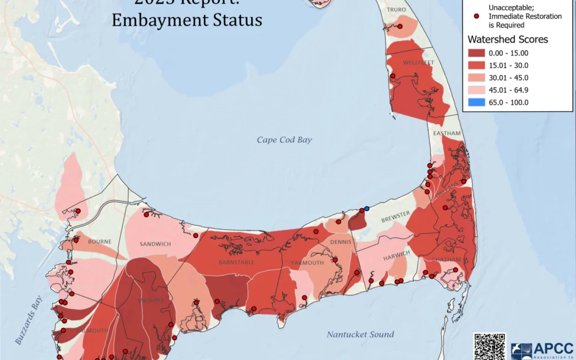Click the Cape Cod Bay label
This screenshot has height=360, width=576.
[284, 140]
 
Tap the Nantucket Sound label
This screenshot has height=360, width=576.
[361, 334]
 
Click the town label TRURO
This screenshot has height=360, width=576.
[396, 10]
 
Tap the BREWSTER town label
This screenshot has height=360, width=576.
[395, 213]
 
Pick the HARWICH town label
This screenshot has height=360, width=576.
[396, 253]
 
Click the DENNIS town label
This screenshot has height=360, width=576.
[340, 242]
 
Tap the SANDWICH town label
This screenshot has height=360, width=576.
[155, 244]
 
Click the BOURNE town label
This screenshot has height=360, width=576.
[100, 242]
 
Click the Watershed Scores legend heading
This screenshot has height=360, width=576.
[507, 39]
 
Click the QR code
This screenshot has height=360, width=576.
[489, 346]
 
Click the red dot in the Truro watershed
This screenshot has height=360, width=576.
[399, 26]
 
